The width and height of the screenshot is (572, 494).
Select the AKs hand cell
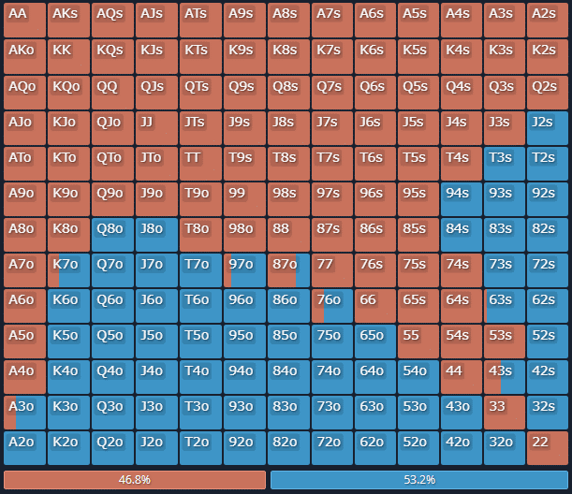67,21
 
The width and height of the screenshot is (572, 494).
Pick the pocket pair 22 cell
548,448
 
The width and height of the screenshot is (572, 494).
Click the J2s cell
548,127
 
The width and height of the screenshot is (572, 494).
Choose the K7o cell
67,270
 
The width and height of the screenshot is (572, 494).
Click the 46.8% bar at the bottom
135,480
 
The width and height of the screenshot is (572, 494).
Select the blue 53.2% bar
418,480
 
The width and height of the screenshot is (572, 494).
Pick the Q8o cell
111,235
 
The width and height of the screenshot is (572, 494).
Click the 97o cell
243,270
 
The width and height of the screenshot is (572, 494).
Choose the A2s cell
548,21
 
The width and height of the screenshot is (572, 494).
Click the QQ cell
111,92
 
